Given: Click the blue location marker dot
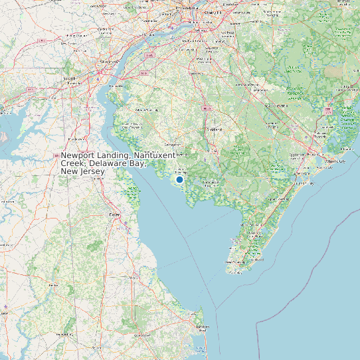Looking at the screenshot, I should [179, 179].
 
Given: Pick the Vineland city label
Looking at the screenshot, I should [215, 130].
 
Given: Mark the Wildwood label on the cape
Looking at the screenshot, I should [256, 254].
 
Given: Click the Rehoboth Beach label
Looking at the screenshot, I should [199, 328].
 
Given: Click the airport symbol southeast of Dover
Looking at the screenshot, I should [124, 224].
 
